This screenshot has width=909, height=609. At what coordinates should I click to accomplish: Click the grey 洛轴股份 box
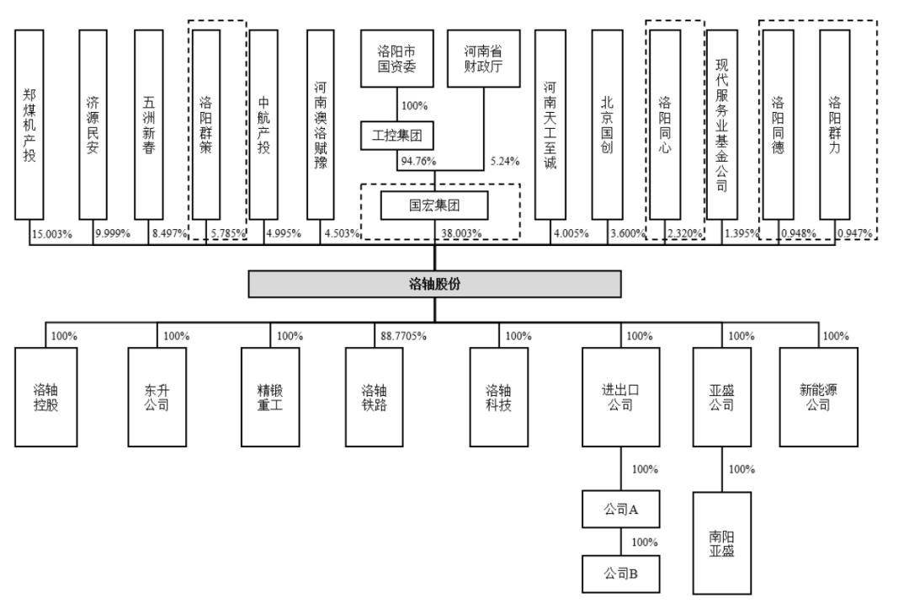(x=434, y=284)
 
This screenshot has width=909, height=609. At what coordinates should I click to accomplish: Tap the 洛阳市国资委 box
(x=396, y=59)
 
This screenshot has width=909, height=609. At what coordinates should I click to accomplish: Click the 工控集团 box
(x=396, y=135)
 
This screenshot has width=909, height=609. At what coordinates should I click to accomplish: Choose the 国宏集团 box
(x=434, y=205)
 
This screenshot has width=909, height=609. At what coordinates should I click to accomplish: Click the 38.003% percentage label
(x=460, y=233)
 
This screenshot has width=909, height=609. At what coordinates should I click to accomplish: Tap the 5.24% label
(x=503, y=161)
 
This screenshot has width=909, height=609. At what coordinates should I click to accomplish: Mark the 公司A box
(x=621, y=509)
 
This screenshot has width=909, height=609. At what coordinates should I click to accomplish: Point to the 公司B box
(x=621, y=574)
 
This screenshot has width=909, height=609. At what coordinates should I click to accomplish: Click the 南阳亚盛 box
(x=721, y=543)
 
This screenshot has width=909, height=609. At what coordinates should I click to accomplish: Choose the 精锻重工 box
(x=270, y=397)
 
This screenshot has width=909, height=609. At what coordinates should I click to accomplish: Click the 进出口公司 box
(x=621, y=397)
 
